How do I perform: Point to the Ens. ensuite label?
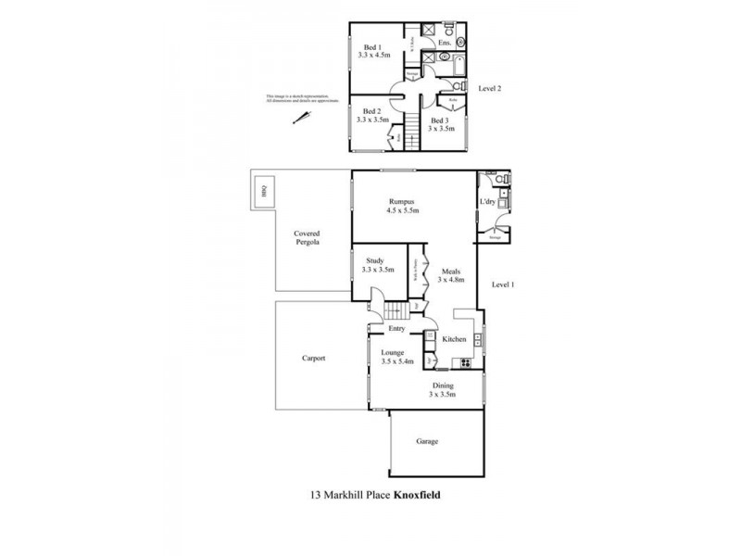[445, 43]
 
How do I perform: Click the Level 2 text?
[489, 89]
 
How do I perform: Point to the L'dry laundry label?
[487, 202]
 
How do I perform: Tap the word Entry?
[396, 329]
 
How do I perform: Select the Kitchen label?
[453, 340]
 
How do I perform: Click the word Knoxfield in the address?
[418, 495]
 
